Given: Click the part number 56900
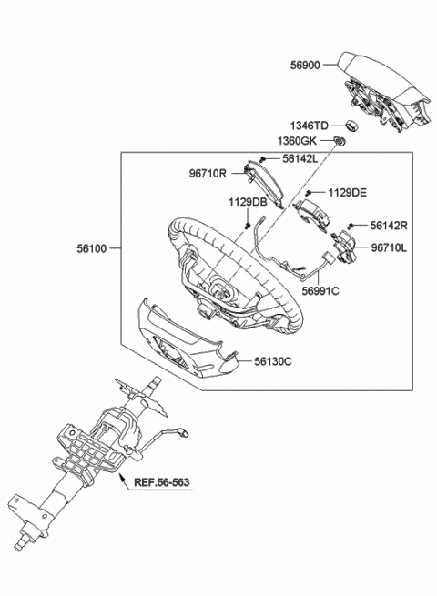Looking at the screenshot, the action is coord(305,65).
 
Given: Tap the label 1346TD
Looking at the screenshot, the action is coord(310,126).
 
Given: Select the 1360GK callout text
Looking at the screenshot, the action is coord(297,141).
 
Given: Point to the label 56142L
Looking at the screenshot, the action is coord(300,159).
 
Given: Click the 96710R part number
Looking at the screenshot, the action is coord(208,174).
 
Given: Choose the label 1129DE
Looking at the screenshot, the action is coord(348,193).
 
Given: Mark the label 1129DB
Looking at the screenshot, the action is coord(248,202).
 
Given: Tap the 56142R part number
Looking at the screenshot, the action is coord(389,226).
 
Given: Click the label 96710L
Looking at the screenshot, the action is coord(389,247).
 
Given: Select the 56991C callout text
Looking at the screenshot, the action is coord(320,291).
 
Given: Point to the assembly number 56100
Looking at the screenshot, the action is coord(92,248).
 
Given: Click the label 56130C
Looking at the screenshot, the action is coord(273,361).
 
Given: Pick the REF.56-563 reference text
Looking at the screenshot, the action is coord(162,482).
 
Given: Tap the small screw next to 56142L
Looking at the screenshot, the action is coord(262,159).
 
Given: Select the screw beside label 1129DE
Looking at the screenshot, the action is coord(310,193).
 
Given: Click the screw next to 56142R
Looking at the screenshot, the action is coord(351,227).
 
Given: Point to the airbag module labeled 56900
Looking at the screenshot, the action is coord(384,90).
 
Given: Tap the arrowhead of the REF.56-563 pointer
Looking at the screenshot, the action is coord(121,477).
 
